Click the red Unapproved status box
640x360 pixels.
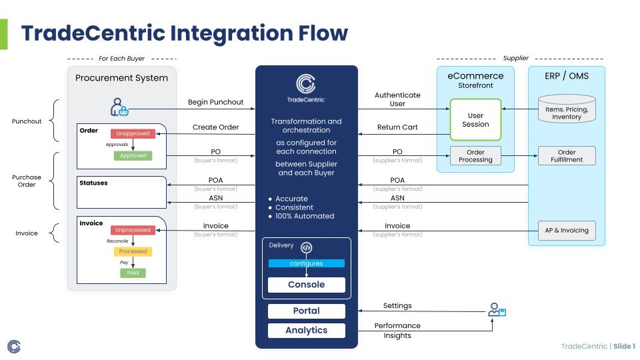133,133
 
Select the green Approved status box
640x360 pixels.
133,155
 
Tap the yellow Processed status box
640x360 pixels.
133,251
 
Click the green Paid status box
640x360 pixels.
133,273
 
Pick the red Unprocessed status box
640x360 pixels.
133,230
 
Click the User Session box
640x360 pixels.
475,120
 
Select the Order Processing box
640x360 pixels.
475,156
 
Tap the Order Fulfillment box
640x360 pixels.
566,156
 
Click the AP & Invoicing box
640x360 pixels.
566,230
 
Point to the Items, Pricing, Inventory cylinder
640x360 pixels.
566,110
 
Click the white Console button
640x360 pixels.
307,285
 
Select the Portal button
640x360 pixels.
307,311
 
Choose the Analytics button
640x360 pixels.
307,330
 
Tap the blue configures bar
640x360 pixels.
307,263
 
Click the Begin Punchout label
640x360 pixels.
216,103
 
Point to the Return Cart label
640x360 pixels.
397,127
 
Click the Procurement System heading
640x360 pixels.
121,78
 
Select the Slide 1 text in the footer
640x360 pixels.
624,346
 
